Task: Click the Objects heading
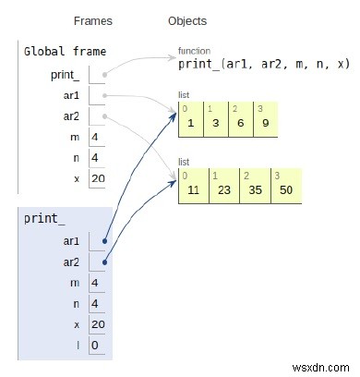click(x=187, y=21)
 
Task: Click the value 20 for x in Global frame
click(x=97, y=177)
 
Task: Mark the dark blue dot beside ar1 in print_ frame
click(x=105, y=240)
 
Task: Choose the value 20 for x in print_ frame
click(x=97, y=325)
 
